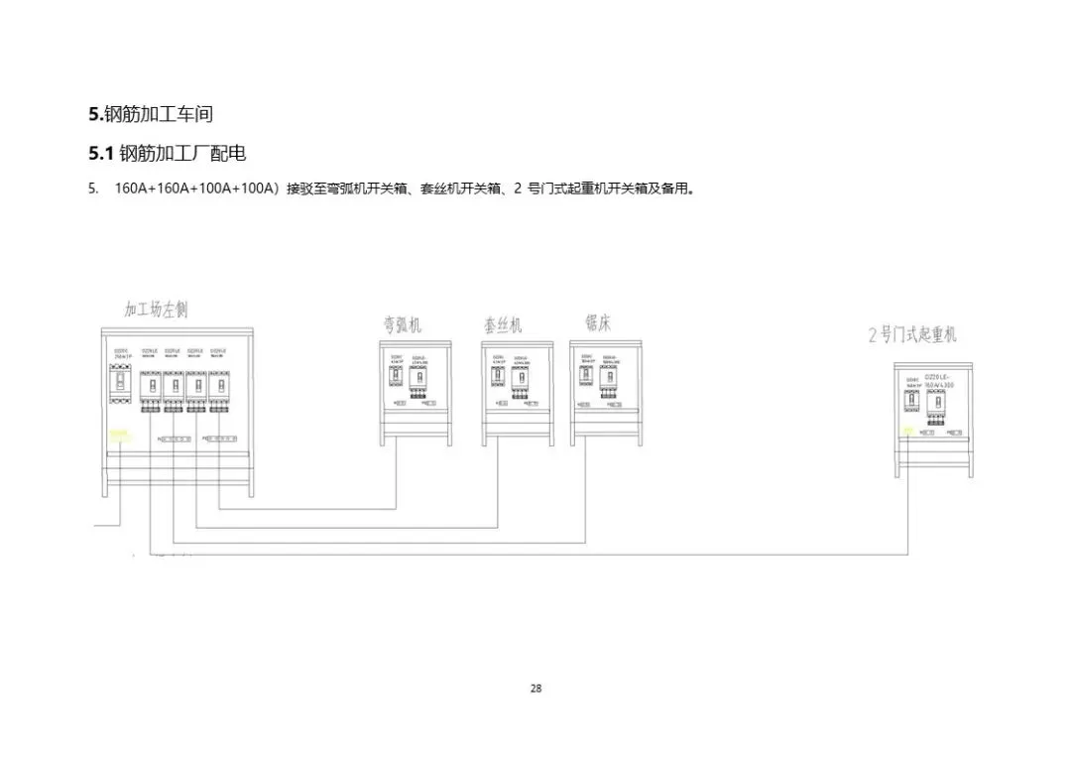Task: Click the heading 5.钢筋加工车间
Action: tap(151, 114)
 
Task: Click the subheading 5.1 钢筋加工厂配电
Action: tap(168, 154)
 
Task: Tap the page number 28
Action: tap(535, 689)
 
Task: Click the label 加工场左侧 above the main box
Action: tap(156, 310)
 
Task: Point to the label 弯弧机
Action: tap(402, 324)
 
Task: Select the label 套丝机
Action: tap(503, 325)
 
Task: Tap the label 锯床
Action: tap(598, 322)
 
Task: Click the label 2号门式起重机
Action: tap(912, 334)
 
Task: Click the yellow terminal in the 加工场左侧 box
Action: tap(119, 435)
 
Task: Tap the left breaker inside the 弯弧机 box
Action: tap(396, 378)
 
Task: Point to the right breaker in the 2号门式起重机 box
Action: tap(936, 401)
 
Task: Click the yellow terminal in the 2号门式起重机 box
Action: tap(908, 431)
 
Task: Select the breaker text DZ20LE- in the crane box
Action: tap(938, 378)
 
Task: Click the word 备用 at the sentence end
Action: tap(675, 189)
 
